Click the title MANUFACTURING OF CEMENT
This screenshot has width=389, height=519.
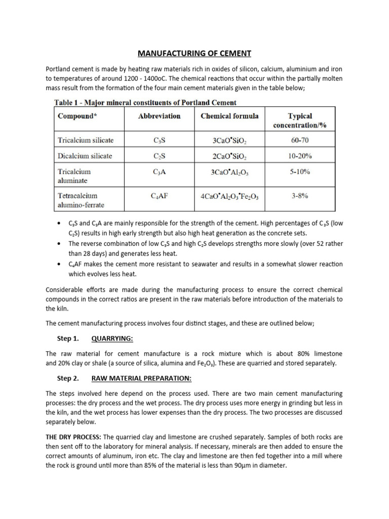[194, 53]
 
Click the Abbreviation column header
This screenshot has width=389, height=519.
[159, 116]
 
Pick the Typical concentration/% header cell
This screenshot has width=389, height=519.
[299, 121]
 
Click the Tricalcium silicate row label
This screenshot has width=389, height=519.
[86, 140]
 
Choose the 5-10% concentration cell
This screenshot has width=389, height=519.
[299, 172]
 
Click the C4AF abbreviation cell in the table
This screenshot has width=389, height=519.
[159, 196]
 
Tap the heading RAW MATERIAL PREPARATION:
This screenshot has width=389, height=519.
[141, 378]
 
